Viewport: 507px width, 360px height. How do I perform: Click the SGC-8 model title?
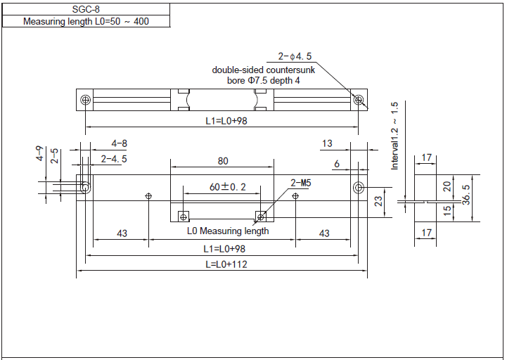pyautogui.click(x=85, y=9)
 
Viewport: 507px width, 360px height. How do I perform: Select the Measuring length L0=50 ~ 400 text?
pyautogui.click(x=86, y=21)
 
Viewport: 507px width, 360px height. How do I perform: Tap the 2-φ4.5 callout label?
pyautogui.click(x=295, y=56)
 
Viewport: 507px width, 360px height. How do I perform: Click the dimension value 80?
pyautogui.click(x=223, y=161)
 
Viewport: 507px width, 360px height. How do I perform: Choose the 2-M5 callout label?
pyautogui.click(x=301, y=183)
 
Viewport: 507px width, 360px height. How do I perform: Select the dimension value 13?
pyautogui.click(x=327, y=143)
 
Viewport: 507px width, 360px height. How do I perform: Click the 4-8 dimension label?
pyautogui.click(x=119, y=143)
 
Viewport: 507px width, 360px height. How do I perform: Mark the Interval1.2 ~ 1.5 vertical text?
pyautogui.click(x=394, y=136)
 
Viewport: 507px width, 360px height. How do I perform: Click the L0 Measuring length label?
pyautogui.click(x=228, y=231)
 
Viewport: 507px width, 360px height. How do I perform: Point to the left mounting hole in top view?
pyautogui.click(x=85, y=100)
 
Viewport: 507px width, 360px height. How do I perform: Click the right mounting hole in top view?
pyautogui.click(x=359, y=100)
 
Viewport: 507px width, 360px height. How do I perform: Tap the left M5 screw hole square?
pyautogui.click(x=182, y=215)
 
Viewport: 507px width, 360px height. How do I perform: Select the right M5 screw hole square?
pyautogui.click(x=260, y=215)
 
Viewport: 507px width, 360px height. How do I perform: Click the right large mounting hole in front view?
pyautogui.click(x=359, y=188)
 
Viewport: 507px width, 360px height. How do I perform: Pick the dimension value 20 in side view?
pyautogui.click(x=447, y=186)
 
